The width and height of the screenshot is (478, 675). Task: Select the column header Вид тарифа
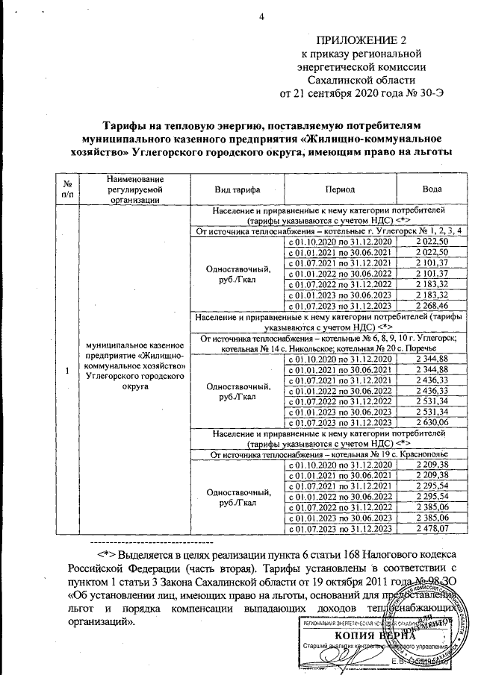click(x=232, y=189)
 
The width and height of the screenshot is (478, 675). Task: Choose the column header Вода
click(x=432, y=189)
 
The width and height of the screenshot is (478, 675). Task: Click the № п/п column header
click(x=68, y=189)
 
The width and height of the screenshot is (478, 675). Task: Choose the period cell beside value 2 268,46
click(x=341, y=305)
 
